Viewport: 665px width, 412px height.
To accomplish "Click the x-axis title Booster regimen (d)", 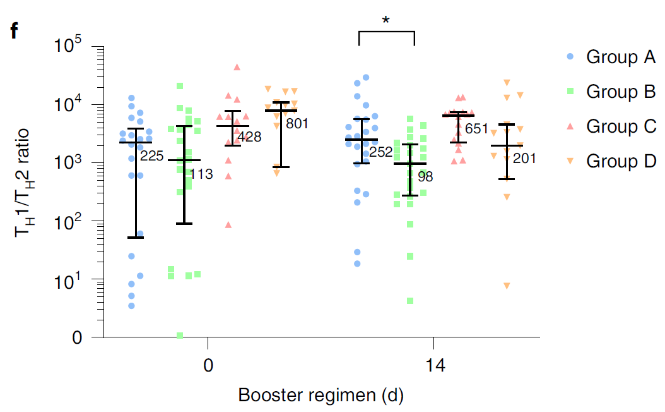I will tap(321, 396).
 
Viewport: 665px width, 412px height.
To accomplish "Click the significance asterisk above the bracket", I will tap(385, 21).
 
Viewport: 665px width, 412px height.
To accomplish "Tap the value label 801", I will tap(297, 124).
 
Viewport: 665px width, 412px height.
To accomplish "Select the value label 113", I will tap(202, 174).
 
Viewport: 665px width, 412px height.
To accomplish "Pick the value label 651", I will tap(476, 130).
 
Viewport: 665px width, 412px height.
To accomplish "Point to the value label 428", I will tap(250, 136).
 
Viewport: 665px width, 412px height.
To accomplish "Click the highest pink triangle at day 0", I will tap(237, 67).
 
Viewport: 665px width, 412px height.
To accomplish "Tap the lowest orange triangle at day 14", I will tap(507, 286).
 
